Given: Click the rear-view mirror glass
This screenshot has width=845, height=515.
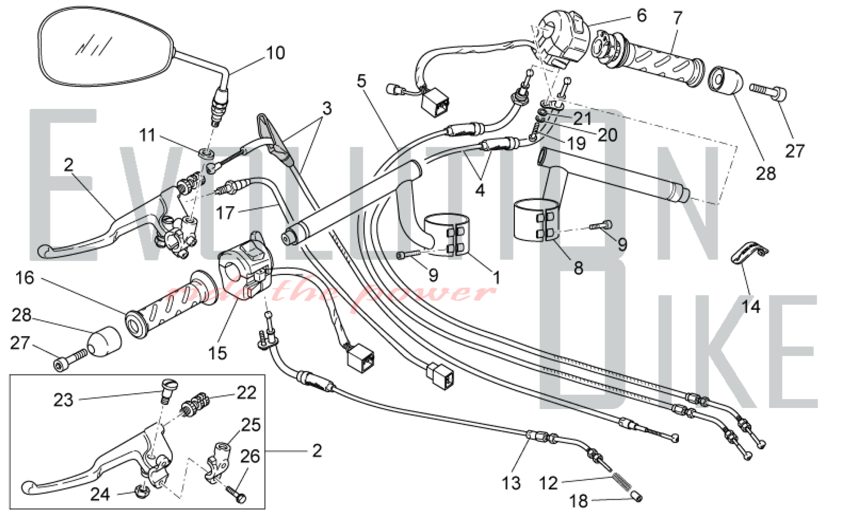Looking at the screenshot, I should (106, 49).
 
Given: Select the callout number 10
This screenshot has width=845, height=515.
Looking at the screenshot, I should (275, 53).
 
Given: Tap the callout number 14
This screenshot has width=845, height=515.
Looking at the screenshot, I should (751, 306).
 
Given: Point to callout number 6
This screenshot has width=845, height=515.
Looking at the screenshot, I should (641, 16).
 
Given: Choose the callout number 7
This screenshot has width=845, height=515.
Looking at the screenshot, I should (678, 18).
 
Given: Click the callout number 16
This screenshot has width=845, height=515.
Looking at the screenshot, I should (25, 278).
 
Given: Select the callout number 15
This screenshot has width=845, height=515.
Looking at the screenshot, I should (217, 353).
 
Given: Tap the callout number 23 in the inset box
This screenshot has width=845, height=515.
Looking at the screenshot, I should (63, 400).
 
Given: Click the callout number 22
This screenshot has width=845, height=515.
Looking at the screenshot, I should (246, 393).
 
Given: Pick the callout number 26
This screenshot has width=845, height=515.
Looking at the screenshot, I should (250, 456).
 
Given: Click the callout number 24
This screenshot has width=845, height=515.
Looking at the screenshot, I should (100, 494).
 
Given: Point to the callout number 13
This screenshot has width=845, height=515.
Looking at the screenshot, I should (511, 483).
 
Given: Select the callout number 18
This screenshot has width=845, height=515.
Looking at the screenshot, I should (578, 501).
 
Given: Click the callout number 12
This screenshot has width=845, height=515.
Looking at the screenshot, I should (548, 483).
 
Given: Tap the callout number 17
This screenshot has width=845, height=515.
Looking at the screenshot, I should (225, 213).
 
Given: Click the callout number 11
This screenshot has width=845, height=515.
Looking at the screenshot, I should (147, 135).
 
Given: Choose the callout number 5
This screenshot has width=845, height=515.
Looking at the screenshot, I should (361, 81).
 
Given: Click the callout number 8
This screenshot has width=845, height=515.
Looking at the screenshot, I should (578, 268).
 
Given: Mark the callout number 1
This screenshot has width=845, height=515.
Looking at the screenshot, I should (497, 278).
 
